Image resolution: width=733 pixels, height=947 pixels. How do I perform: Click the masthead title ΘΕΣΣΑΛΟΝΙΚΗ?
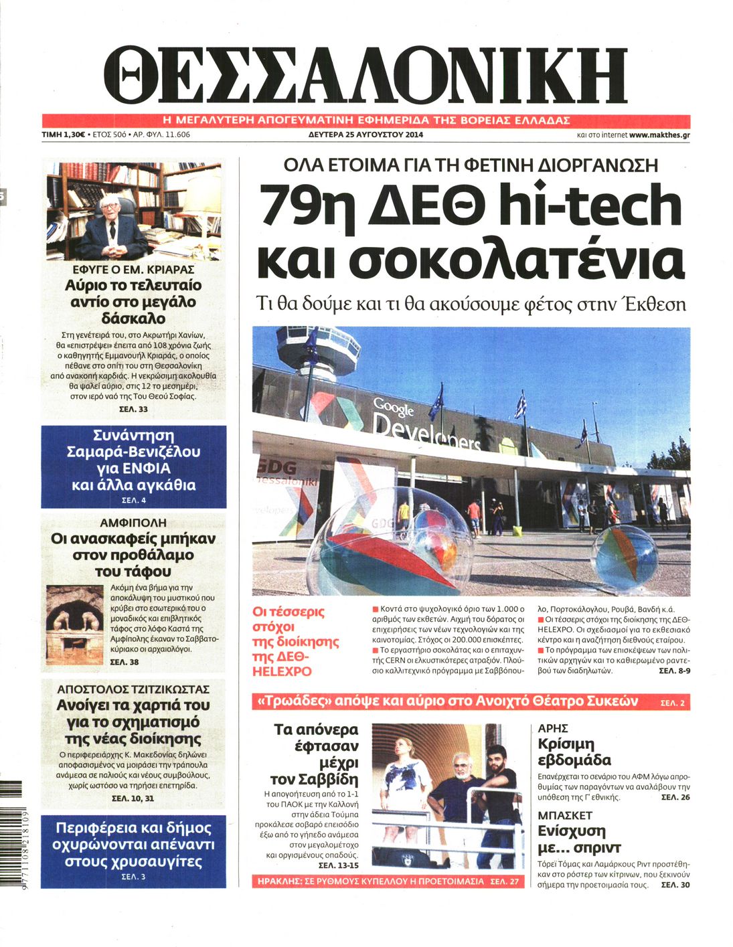pyautogui.click(x=365, y=75)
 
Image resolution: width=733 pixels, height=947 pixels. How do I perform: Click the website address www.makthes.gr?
pyautogui.click(x=659, y=135)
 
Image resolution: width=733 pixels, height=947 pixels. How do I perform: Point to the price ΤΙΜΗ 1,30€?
pyautogui.click(x=63, y=135)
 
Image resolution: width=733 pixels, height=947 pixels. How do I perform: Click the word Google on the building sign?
pyautogui.click(x=394, y=406)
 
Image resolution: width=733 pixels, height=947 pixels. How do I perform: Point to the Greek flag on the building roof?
pyautogui.click(x=520, y=406)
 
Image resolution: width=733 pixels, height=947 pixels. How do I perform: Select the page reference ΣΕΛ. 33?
pyautogui.click(x=133, y=409)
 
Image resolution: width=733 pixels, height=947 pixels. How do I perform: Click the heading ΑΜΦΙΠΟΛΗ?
pyautogui.click(x=133, y=523)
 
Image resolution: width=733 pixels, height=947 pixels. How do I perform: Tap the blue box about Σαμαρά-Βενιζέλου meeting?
pyautogui.click(x=133, y=466)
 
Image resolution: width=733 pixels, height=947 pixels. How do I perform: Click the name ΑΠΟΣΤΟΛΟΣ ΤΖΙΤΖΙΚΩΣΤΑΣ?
pyautogui.click(x=133, y=689)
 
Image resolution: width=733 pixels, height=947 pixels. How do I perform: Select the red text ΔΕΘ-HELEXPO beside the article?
pyautogui.click(x=282, y=664)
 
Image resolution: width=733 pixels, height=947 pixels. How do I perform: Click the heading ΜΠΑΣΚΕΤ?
pyautogui.click(x=565, y=815)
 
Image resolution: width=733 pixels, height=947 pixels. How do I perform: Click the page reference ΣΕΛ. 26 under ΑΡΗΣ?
pyautogui.click(x=675, y=797)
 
